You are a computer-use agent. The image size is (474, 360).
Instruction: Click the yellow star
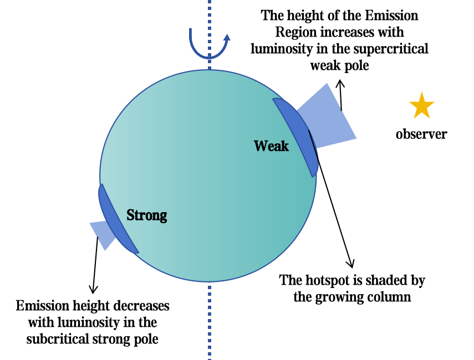click(421, 106)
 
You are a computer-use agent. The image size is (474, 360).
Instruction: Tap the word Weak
click(271, 146)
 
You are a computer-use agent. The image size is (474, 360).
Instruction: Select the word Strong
click(146, 215)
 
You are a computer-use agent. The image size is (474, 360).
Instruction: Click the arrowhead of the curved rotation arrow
click(226, 37)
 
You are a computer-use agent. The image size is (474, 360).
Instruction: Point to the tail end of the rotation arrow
click(190, 29)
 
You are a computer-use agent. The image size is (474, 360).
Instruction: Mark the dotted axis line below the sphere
click(210, 321)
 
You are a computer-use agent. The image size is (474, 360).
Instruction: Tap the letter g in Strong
click(162, 217)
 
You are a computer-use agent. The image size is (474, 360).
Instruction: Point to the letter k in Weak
click(284, 146)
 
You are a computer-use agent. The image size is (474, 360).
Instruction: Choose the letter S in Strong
click(131, 215)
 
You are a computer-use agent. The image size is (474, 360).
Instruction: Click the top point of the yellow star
click(422, 91)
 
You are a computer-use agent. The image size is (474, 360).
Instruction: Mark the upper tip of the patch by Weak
click(274, 99)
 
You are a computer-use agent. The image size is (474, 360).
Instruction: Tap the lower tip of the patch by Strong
click(137, 253)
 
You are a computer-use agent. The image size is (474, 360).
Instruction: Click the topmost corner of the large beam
click(328, 83)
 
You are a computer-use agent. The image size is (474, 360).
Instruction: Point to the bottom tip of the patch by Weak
click(314, 176)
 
